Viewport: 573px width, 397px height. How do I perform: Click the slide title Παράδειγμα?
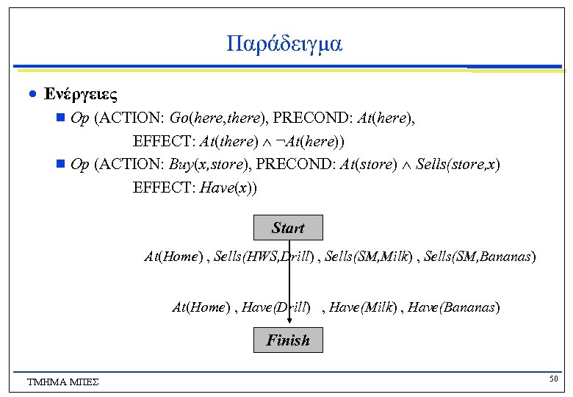tap(285, 44)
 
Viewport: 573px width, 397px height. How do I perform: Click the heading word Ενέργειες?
tap(81, 95)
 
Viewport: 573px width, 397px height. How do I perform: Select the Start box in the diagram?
tap(288, 228)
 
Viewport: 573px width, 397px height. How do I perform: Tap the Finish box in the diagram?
tap(288, 340)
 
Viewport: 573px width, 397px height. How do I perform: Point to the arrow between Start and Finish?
tap(289, 287)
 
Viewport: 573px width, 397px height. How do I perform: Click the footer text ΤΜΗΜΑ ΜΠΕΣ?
tap(62, 382)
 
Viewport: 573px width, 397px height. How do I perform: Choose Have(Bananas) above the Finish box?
tap(454, 307)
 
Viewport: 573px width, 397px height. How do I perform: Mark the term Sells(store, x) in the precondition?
tap(458, 164)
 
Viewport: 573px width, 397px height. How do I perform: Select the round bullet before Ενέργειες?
tap(32, 96)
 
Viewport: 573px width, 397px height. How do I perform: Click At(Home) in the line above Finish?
tap(199, 307)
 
